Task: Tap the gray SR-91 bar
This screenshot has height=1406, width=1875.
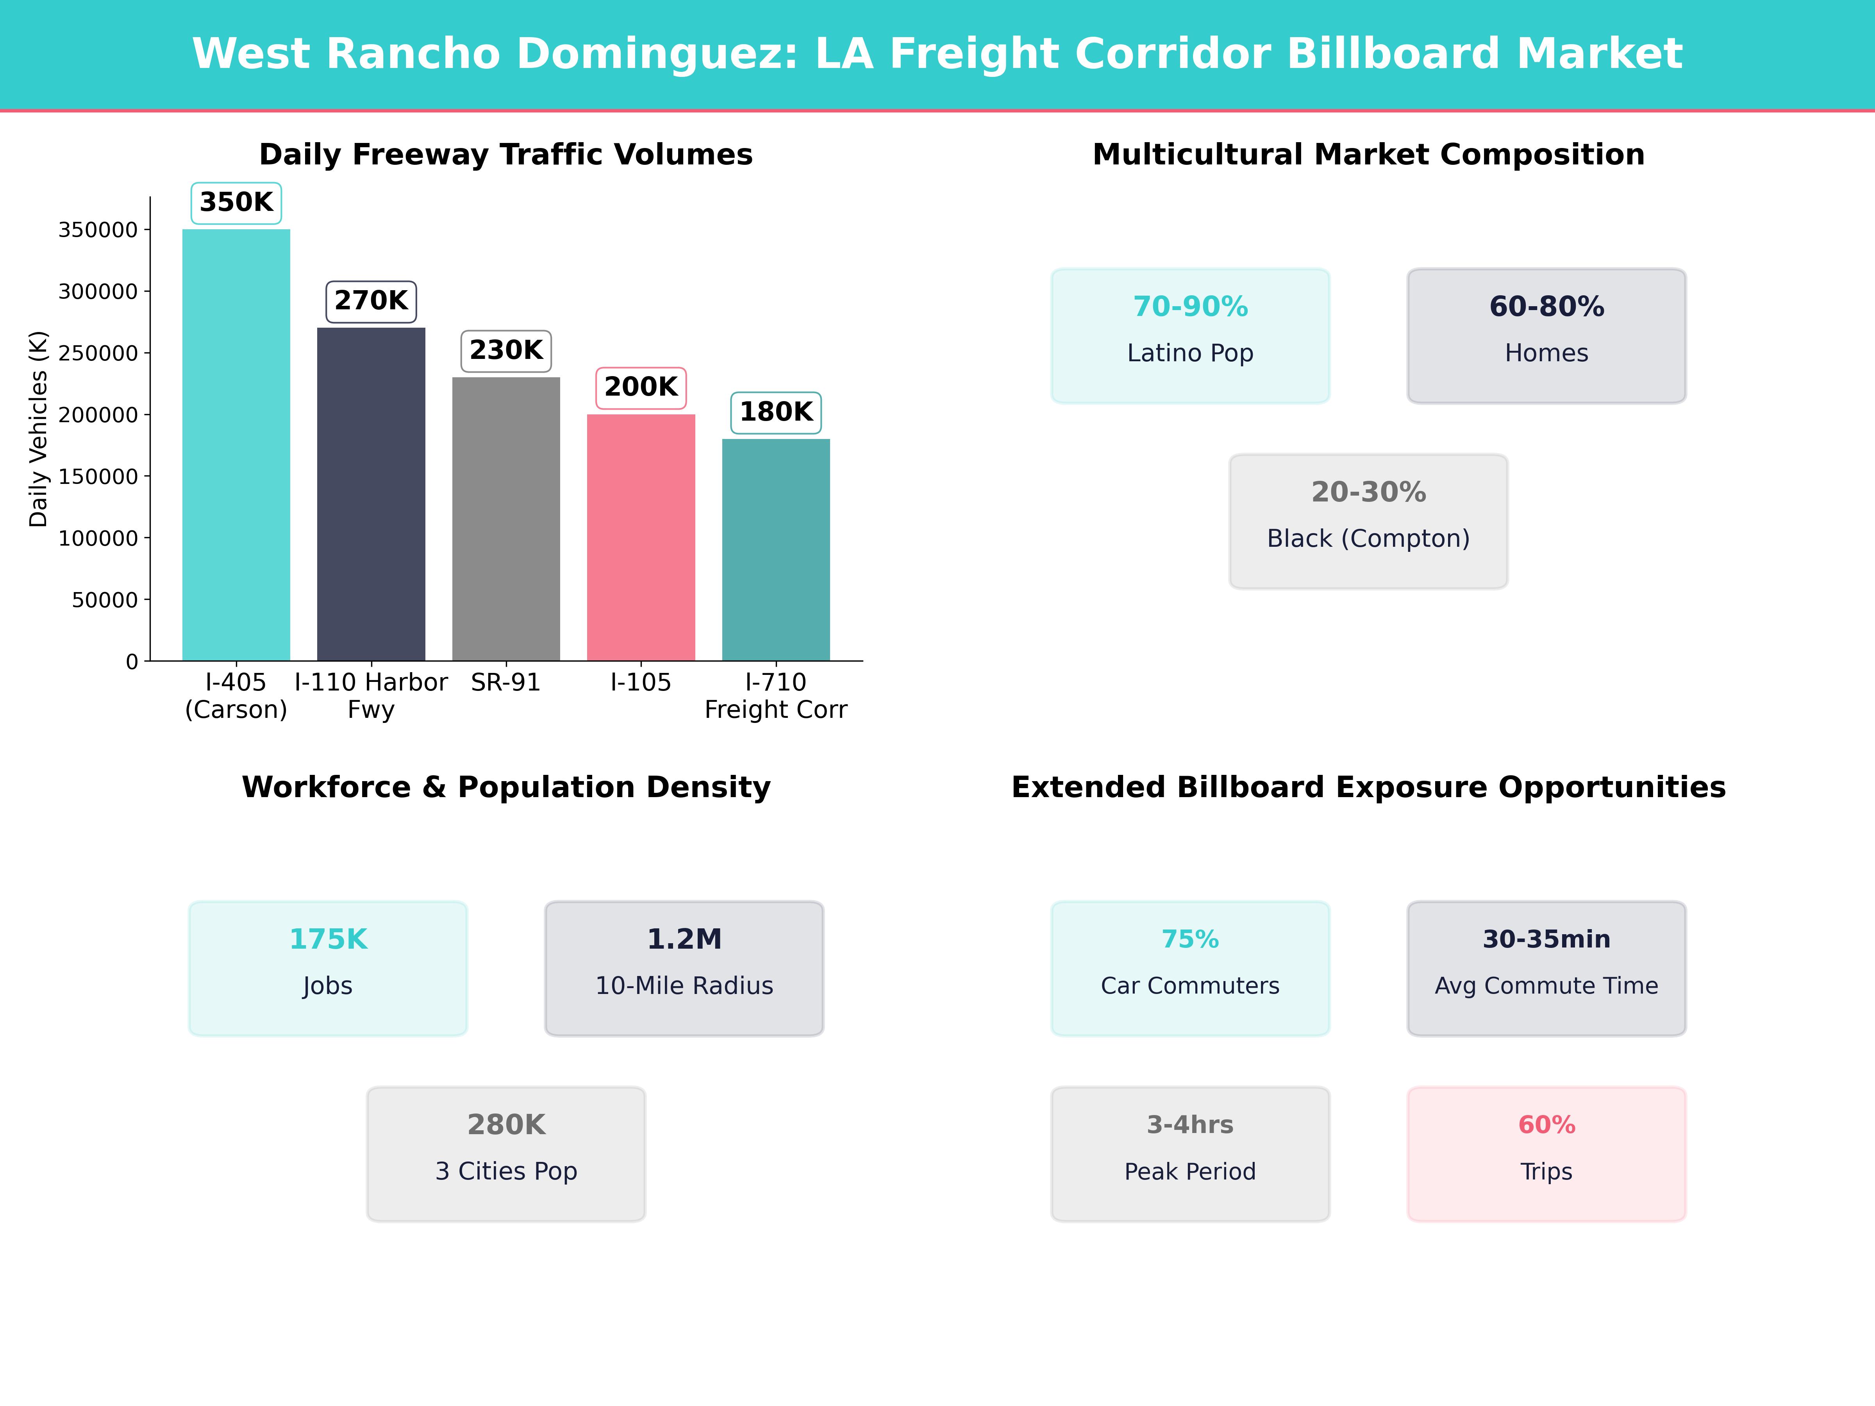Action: [x=506, y=519]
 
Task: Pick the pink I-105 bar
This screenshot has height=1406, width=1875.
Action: [x=641, y=537]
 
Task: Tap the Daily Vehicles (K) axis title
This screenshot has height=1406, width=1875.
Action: [x=38, y=429]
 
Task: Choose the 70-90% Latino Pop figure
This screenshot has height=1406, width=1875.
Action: [x=1190, y=307]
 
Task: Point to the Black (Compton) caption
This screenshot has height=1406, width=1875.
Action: [x=1368, y=538]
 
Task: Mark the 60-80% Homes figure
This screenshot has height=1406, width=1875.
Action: [x=1546, y=307]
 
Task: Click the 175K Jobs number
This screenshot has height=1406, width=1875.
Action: [x=328, y=939]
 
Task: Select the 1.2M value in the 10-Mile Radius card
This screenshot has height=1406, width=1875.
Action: [x=684, y=939]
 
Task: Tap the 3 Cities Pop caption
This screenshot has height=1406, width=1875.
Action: [x=506, y=1171]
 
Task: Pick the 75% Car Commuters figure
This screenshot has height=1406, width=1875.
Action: [x=1190, y=939]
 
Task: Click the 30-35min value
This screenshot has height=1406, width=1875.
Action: [x=1546, y=939]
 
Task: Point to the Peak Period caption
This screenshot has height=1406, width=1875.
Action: [x=1190, y=1171]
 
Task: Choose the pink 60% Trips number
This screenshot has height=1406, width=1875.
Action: [x=1546, y=1125]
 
